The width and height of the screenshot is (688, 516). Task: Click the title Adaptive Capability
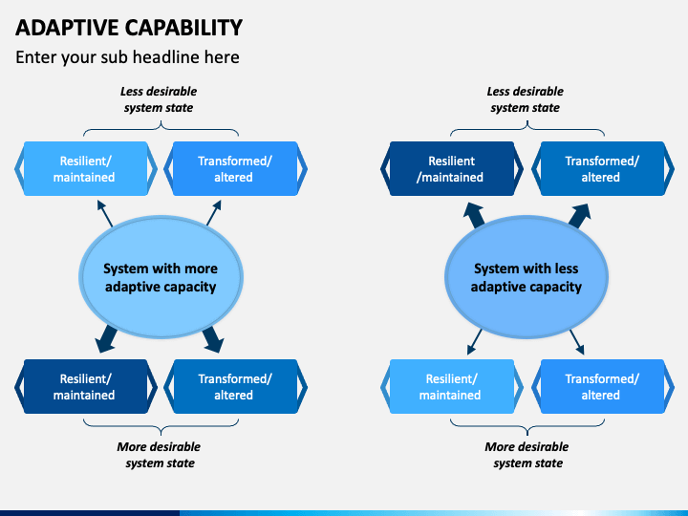tap(129, 28)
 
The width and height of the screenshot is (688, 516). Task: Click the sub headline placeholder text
tap(127, 57)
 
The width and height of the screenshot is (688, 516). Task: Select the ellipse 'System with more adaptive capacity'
tap(161, 277)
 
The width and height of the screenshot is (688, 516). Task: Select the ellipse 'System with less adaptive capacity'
tap(527, 277)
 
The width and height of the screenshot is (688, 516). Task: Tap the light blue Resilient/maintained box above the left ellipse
tap(86, 169)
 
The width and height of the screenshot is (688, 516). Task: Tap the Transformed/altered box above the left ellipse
tap(235, 169)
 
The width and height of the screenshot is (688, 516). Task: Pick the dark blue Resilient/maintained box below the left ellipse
tap(86, 387)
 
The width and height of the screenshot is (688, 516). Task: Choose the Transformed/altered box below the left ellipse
tap(235, 387)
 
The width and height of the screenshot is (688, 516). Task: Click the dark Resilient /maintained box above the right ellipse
tap(451, 169)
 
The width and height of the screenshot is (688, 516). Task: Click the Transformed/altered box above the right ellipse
tap(602, 169)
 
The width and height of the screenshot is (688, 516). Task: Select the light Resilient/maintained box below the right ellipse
tap(451, 387)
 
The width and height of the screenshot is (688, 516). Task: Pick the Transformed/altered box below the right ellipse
tap(602, 387)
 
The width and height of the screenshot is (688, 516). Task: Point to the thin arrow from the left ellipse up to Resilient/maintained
tap(105, 214)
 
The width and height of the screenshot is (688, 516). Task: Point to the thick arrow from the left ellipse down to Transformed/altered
tap(213, 339)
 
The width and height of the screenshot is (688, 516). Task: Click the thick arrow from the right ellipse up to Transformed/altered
tap(580, 216)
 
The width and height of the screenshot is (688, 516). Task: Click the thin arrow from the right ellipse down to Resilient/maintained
tap(474, 342)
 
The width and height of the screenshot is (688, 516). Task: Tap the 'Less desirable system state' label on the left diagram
tap(159, 99)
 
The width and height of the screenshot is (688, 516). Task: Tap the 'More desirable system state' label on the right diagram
tap(527, 455)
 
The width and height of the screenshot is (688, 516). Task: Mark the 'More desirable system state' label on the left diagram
tap(159, 455)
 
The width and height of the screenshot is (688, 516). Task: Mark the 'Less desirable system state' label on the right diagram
tap(526, 99)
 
